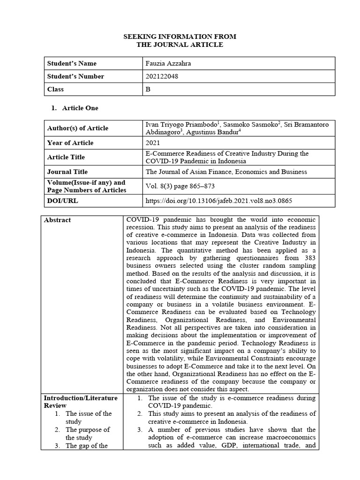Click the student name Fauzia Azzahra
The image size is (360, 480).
point(168,63)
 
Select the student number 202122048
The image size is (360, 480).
point(162,76)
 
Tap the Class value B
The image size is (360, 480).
point(148,89)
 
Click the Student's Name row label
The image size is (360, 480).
point(72,63)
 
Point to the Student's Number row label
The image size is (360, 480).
point(75,76)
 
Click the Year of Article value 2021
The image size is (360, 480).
point(153,142)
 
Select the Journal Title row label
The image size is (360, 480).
point(67,172)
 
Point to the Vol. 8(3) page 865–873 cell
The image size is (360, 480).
point(180,186)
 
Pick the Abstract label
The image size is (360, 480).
point(58,220)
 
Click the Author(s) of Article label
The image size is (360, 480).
point(77,128)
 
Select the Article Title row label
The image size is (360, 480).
point(66,157)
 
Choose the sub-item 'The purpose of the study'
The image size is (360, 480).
point(88,434)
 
